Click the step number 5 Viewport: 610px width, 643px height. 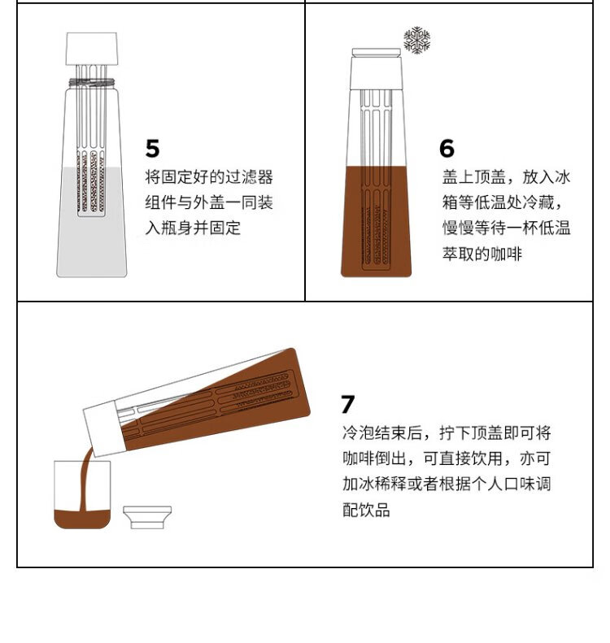coord(152,149)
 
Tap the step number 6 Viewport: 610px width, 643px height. coord(447,149)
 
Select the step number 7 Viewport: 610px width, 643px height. coord(348,404)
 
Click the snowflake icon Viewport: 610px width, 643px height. coord(416,40)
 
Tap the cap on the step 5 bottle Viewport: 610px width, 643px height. coord(91,49)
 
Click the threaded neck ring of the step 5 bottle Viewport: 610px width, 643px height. coord(91,82)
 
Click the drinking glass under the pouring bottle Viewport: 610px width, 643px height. coord(82,494)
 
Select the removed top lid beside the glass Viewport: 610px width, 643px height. coord(147,518)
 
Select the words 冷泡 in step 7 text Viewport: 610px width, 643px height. coord(359,433)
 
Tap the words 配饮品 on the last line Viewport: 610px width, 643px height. coord(366,510)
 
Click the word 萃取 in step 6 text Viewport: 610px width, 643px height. coord(458,254)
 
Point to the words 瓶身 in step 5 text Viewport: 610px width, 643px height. coord(176,228)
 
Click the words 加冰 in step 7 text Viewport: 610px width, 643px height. coord(359,484)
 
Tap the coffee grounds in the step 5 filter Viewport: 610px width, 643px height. coord(91,181)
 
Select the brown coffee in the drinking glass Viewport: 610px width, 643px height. coord(82,519)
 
